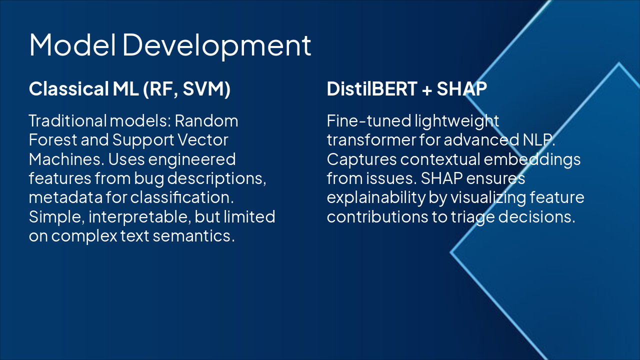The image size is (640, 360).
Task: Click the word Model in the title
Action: click(x=72, y=44)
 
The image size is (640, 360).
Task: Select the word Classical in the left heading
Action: click(x=68, y=88)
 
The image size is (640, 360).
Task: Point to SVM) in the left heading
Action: click(x=206, y=89)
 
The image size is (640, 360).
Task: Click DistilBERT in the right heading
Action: click(x=371, y=88)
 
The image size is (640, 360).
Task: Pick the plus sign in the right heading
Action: click(x=426, y=89)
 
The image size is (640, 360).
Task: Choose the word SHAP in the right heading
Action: click(x=461, y=88)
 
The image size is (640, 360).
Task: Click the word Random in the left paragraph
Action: click(x=206, y=120)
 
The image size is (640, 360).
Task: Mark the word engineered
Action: click(x=192, y=160)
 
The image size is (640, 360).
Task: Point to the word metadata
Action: click(x=65, y=197)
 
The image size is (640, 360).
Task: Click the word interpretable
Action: click(x=139, y=217)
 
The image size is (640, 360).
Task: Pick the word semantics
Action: click(x=193, y=236)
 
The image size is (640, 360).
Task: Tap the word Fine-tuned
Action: click(x=368, y=120)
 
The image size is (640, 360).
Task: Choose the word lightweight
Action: click(x=456, y=121)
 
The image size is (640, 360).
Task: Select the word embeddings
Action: click(x=532, y=160)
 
